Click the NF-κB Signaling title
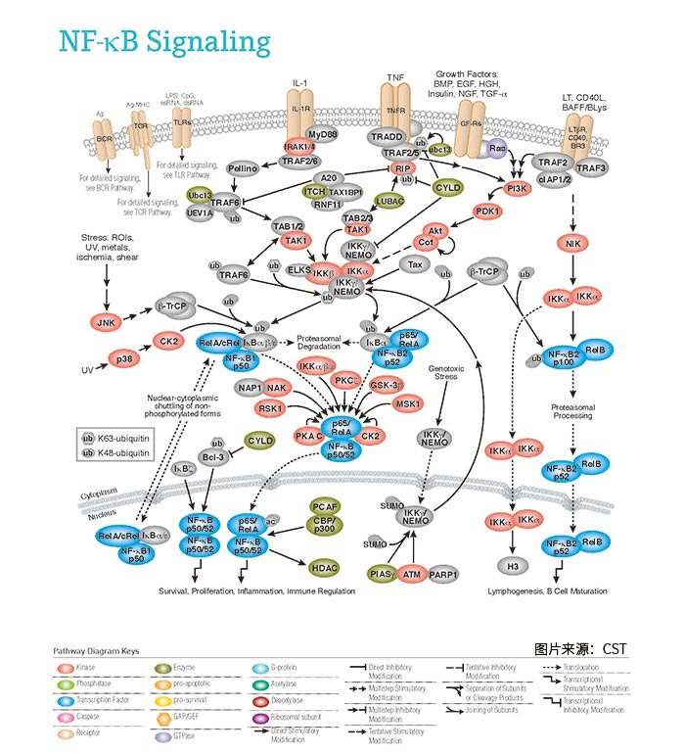(x=163, y=41)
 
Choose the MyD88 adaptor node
(x=321, y=133)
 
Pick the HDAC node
(x=322, y=567)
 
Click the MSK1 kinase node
(x=408, y=403)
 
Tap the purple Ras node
(x=497, y=148)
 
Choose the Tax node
(x=415, y=264)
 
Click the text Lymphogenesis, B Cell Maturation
(x=548, y=591)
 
